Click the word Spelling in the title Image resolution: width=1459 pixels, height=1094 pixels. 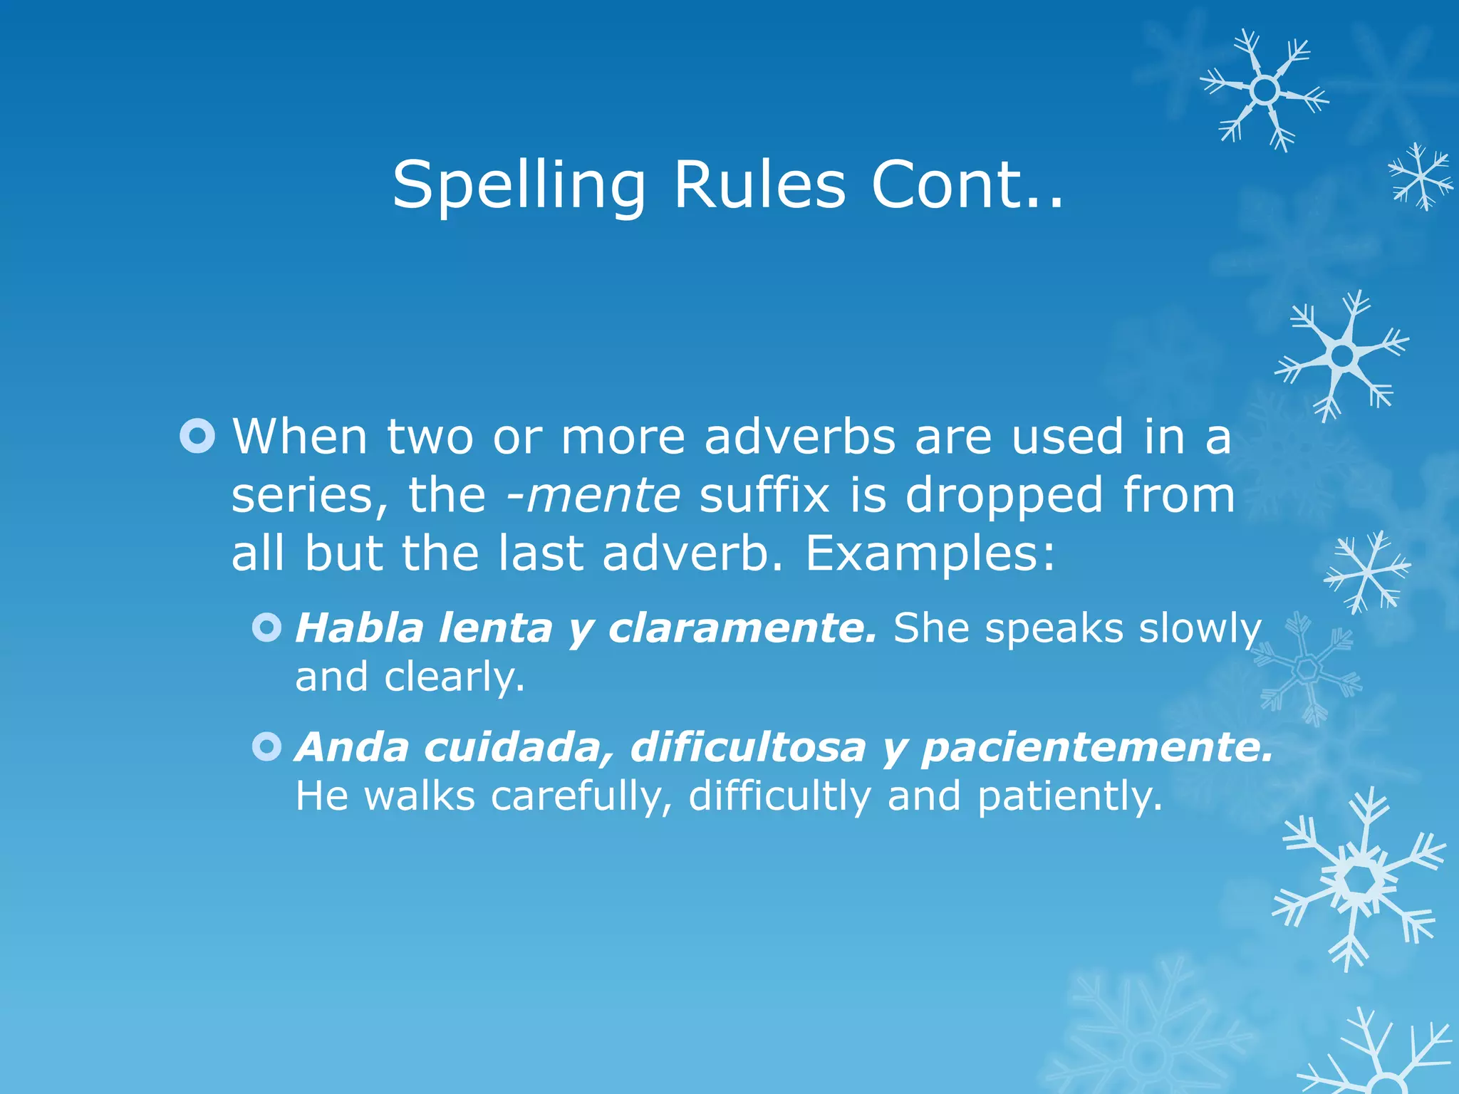click(519, 187)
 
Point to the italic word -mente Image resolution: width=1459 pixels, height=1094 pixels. click(593, 495)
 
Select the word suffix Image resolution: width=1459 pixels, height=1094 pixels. click(764, 495)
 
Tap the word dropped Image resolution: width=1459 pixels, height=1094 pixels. click(1004, 496)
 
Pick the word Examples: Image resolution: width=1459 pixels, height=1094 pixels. click(930, 553)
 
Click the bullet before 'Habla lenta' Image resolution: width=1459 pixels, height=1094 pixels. click(267, 628)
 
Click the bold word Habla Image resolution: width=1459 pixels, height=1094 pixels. click(360, 628)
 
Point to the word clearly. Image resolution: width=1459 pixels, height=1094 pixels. click(455, 677)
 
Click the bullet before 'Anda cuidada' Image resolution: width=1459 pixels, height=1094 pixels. click(267, 747)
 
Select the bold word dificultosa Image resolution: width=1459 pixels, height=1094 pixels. click(748, 747)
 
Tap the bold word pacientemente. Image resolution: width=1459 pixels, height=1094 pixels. click(1097, 748)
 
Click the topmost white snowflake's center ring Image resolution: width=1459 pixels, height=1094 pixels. click(1265, 90)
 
